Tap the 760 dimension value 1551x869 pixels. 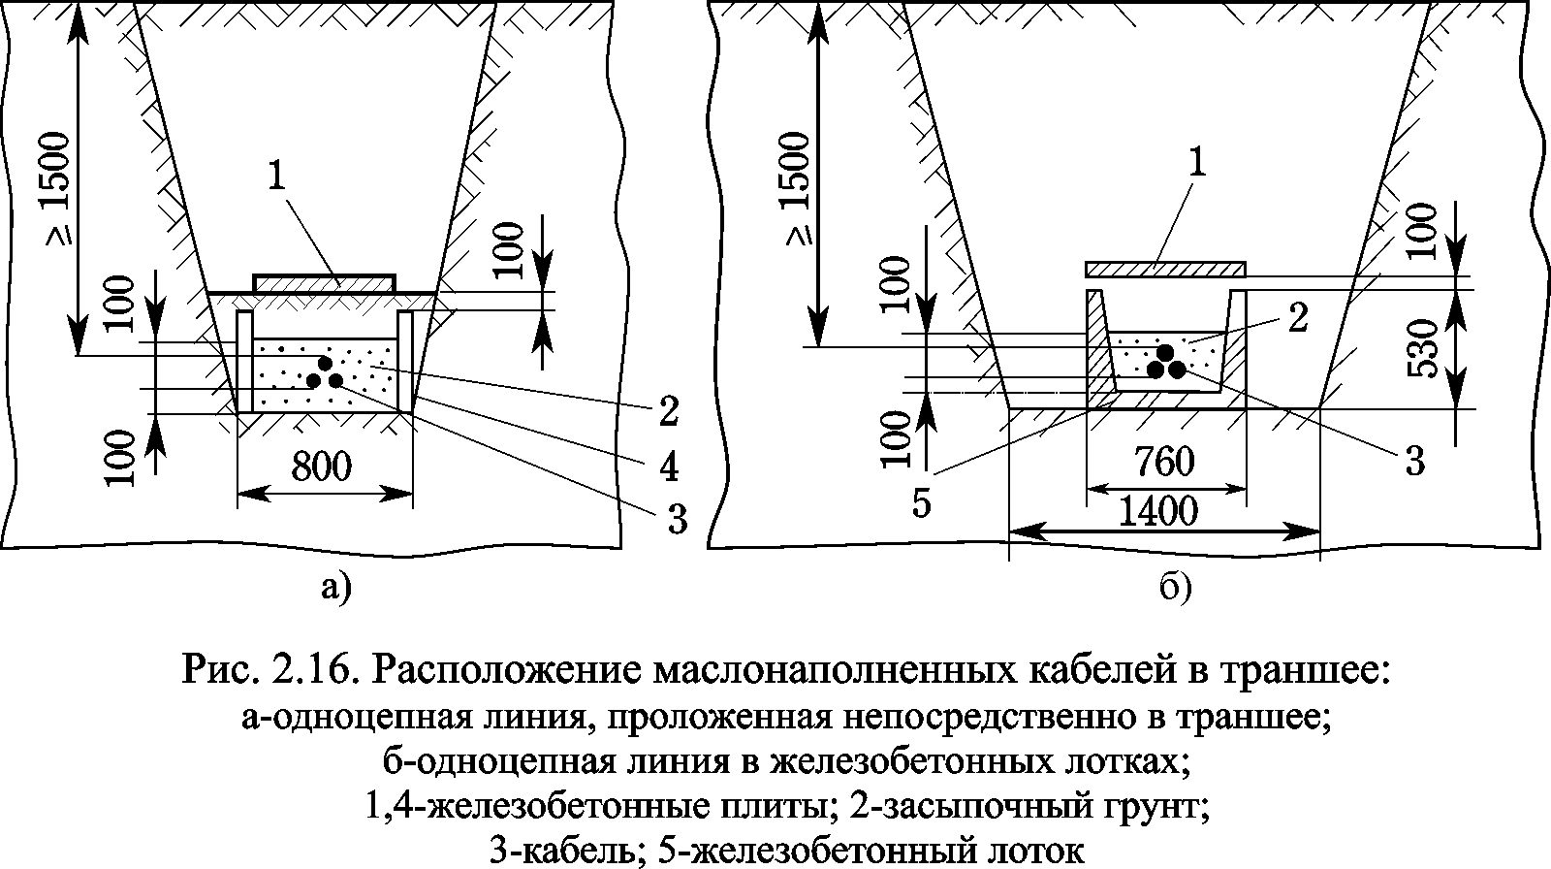(x=1164, y=462)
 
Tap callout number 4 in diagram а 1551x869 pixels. (x=667, y=467)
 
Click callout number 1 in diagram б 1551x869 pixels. (x=1198, y=162)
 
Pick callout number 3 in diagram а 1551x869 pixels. (x=676, y=520)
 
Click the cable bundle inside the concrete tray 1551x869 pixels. (x=1164, y=361)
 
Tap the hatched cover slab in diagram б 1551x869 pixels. (x=1164, y=269)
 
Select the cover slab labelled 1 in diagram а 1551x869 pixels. (x=324, y=283)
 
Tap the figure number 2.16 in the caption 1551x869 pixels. (x=307, y=670)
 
